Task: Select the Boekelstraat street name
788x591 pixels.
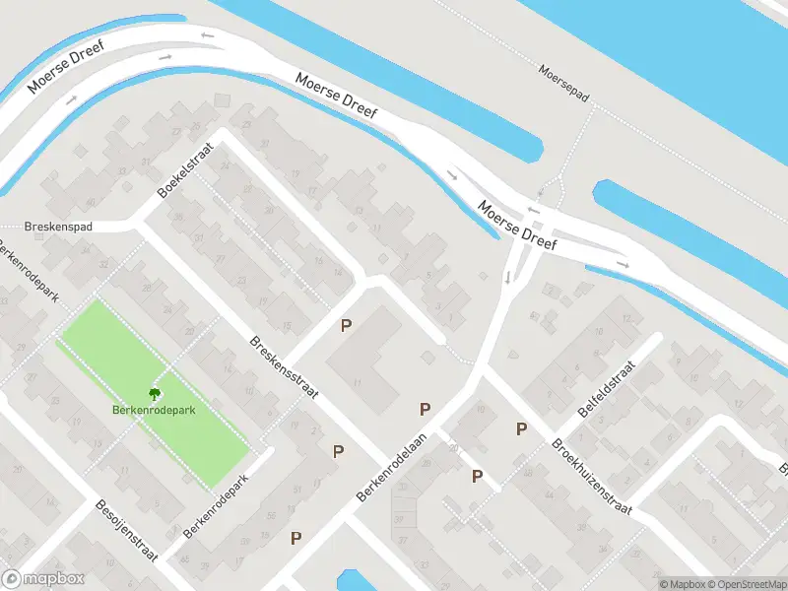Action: point(183,176)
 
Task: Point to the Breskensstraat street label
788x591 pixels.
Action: point(284,368)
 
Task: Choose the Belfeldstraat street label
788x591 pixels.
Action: point(608,389)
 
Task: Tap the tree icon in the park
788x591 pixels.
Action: point(153,393)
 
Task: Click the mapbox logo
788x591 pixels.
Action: point(43,579)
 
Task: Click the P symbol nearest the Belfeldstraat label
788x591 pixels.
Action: point(521,428)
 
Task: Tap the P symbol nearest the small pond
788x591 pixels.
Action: point(295,538)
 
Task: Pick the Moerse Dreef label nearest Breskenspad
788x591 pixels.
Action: point(66,68)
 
